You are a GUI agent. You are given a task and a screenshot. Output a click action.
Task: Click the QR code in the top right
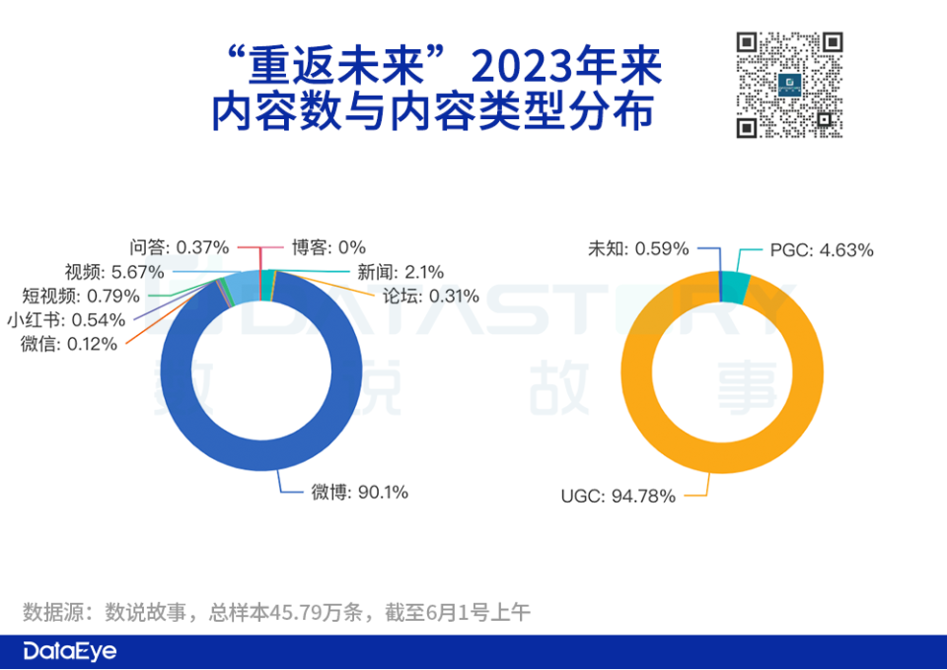(x=790, y=85)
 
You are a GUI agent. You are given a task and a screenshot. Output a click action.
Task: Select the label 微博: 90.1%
(x=359, y=492)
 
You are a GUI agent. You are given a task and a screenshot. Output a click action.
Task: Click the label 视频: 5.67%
(x=114, y=271)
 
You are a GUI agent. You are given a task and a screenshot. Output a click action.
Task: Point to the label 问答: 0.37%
(x=180, y=246)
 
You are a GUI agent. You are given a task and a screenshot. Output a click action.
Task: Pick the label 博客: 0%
(x=328, y=247)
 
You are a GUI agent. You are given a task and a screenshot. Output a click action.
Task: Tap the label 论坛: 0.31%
(x=429, y=296)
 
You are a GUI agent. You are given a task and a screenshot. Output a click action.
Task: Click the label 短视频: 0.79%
(x=81, y=296)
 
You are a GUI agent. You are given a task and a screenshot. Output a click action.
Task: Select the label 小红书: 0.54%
(x=65, y=320)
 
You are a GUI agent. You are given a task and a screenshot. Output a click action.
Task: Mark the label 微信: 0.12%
(x=67, y=344)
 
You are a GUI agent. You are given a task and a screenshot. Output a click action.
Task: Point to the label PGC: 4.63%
(x=821, y=250)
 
